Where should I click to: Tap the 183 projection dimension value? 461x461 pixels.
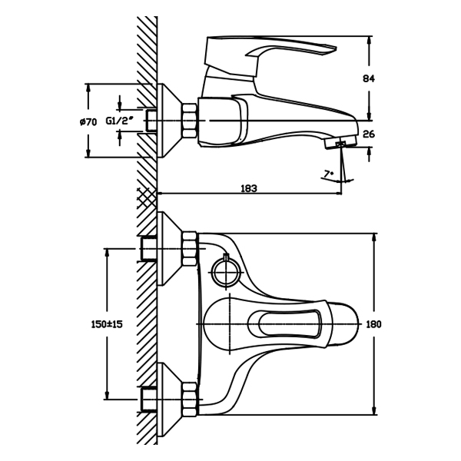(x=248, y=187)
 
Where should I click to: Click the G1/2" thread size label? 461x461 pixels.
(x=121, y=121)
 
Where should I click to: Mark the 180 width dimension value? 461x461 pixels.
(x=374, y=324)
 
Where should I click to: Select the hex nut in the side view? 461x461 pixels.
(x=189, y=121)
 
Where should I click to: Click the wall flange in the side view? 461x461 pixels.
(x=168, y=121)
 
